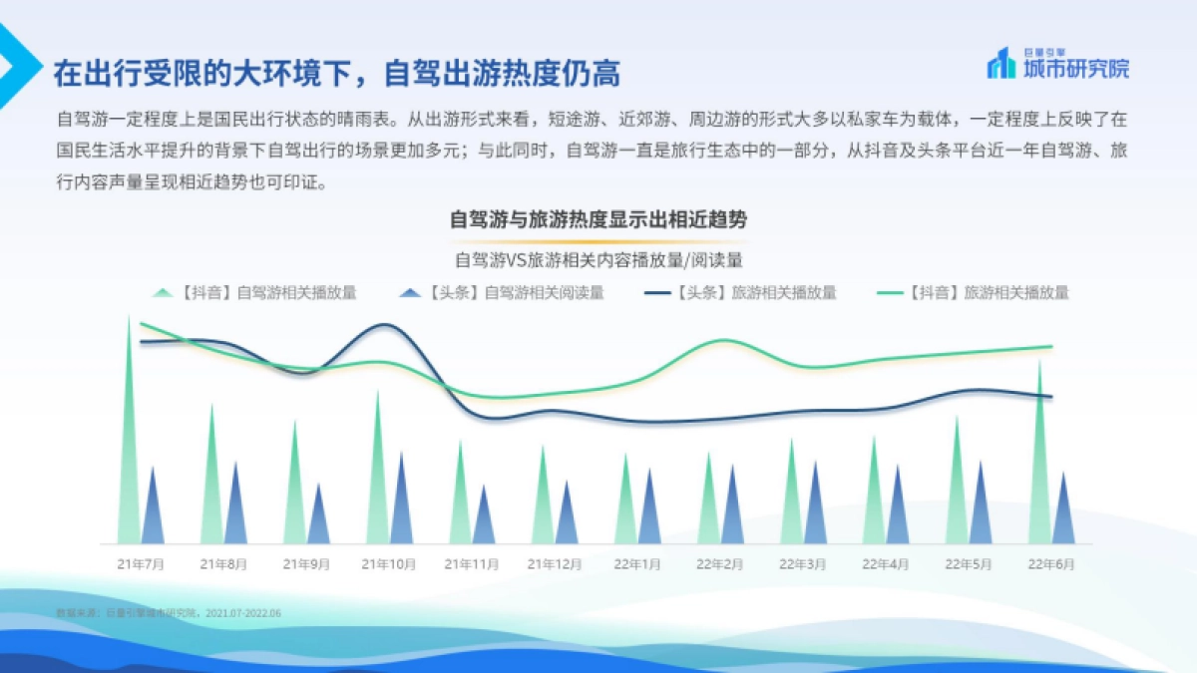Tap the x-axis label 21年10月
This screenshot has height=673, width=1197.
[389, 563]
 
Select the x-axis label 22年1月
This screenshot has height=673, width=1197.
[636, 563]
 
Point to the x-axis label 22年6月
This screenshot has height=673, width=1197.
[1051, 563]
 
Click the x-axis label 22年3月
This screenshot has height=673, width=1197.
[803, 563]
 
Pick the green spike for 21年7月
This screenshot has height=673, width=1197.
[129, 449]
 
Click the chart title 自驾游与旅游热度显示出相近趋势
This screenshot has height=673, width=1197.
[598, 220]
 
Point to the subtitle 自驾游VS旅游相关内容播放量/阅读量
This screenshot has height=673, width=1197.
[598, 259]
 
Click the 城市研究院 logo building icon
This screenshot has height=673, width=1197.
[1000, 65]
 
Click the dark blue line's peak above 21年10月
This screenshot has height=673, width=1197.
[386, 325]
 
